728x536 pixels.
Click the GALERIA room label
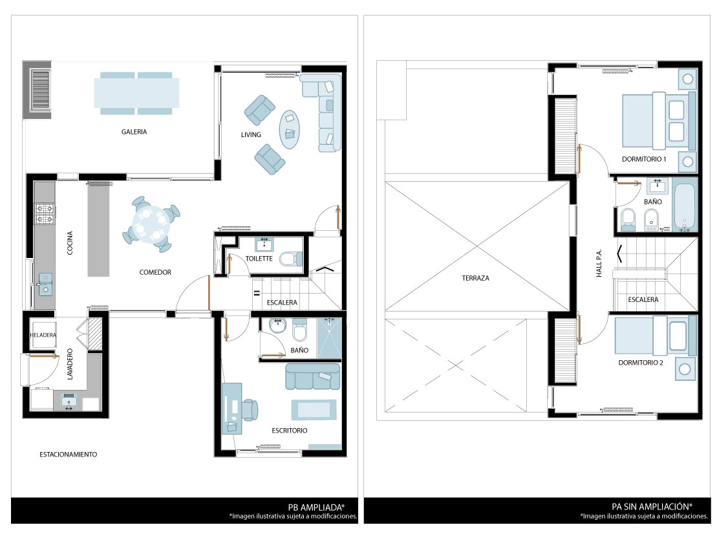(134, 132)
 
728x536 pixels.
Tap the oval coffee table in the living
(289, 129)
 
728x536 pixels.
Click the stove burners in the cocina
(45, 213)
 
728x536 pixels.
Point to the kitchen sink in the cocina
(45, 284)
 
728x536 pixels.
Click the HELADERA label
(43, 335)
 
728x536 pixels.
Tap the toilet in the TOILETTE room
(291, 259)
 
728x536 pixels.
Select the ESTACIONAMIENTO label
(69, 455)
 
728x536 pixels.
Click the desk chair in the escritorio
(250, 410)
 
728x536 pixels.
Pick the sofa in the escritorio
(312, 376)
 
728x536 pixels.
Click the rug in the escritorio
(314, 410)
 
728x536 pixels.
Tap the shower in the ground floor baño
(329, 338)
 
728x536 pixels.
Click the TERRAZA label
(475, 278)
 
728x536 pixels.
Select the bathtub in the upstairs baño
(685, 206)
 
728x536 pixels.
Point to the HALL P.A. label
(599, 263)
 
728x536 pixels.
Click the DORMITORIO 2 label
(641, 363)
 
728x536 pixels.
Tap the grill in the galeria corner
(40, 90)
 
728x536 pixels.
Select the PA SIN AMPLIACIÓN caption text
(652, 507)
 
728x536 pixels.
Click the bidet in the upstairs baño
(652, 220)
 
